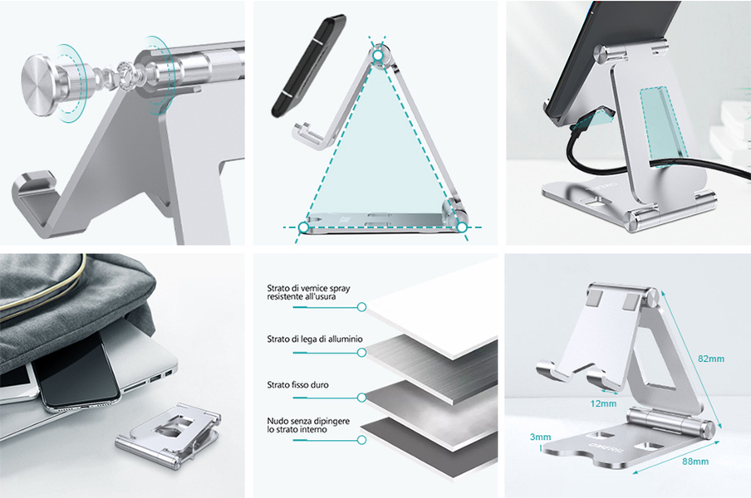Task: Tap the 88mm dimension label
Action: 695,461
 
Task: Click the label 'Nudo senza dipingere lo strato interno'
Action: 304,425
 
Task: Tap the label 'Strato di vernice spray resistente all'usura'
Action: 308,292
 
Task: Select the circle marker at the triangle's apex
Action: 378,56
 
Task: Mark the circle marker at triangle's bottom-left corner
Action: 303,227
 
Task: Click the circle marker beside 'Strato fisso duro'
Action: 361,398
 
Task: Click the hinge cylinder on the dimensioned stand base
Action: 671,422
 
